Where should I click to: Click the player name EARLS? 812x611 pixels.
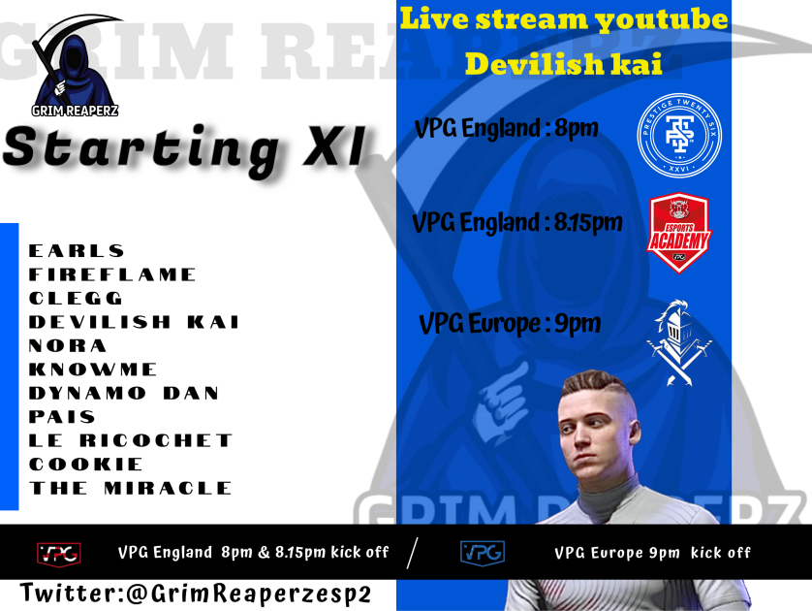(x=78, y=251)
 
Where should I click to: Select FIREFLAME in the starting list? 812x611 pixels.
(x=112, y=274)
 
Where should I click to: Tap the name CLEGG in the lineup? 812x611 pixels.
(x=77, y=298)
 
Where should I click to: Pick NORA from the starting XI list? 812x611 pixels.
(x=68, y=345)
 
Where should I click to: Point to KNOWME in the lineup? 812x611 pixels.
(x=94, y=370)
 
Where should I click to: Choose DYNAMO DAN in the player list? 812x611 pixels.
(x=124, y=393)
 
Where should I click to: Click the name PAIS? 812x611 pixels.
(x=63, y=417)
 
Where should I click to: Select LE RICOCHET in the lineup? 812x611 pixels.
(x=131, y=440)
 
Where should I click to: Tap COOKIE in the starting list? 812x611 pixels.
(x=86, y=464)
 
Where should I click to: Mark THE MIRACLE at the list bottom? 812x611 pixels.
(x=131, y=488)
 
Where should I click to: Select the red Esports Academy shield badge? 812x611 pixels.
(x=678, y=234)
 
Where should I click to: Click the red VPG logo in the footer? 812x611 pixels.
(x=58, y=553)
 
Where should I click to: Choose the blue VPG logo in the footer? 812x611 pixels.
(x=482, y=552)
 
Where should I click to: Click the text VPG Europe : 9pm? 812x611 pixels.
(x=510, y=323)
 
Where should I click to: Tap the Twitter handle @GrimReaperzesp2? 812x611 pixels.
(x=196, y=594)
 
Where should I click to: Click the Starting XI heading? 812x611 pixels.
(x=184, y=150)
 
